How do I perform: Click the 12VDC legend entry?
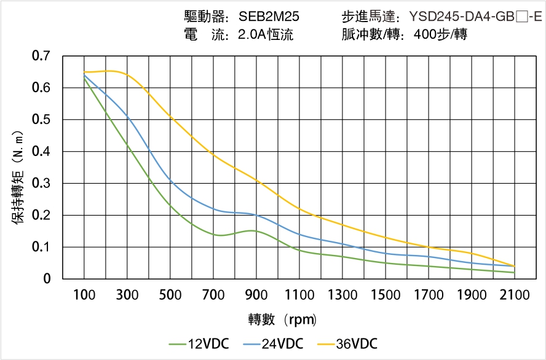(x=199, y=343)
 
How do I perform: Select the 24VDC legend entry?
(x=274, y=343)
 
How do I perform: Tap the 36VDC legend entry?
(x=348, y=343)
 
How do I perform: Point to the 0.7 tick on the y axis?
(x=41, y=57)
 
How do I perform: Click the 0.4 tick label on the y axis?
(x=41, y=152)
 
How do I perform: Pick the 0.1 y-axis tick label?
(x=41, y=247)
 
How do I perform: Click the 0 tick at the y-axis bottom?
(x=47, y=279)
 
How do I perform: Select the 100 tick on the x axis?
(x=84, y=295)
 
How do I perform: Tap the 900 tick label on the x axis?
(x=256, y=295)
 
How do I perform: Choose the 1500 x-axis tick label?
(x=386, y=295)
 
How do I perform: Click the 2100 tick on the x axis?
(x=515, y=295)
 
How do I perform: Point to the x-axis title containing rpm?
(x=282, y=319)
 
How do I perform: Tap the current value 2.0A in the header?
(x=251, y=34)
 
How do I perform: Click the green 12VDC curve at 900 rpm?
(x=256, y=231)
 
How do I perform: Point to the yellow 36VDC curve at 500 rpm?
(x=170, y=117)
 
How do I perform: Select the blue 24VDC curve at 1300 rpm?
(x=342, y=245)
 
